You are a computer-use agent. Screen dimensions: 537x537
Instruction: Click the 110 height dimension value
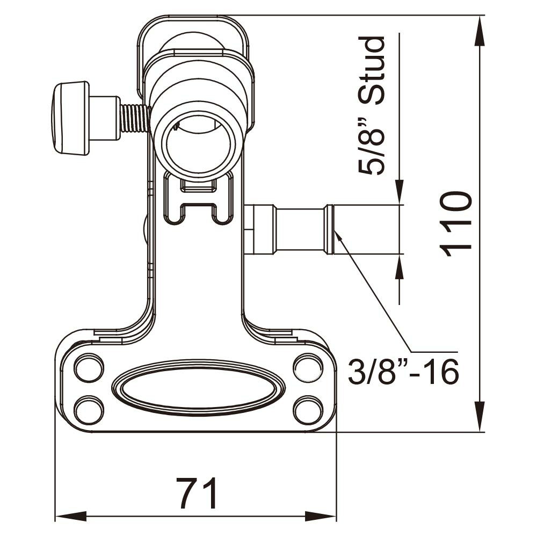click(x=456, y=224)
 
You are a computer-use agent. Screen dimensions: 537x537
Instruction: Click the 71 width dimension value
click(x=197, y=493)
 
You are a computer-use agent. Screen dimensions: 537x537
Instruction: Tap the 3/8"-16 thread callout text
click(x=403, y=372)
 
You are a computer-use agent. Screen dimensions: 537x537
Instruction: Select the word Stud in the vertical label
click(x=372, y=70)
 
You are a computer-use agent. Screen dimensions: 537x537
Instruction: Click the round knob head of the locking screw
click(x=70, y=118)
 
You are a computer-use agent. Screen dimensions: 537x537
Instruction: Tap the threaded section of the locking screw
click(x=135, y=118)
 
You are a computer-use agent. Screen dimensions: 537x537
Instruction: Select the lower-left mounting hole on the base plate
click(x=89, y=410)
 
